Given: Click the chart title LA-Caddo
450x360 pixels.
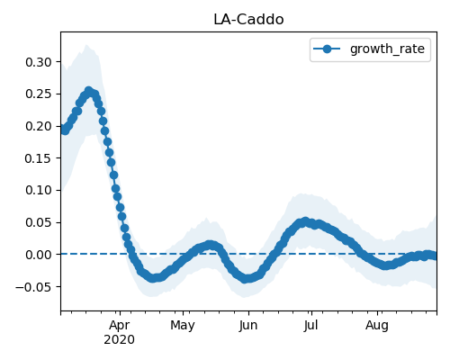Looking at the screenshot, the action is pos(248,20).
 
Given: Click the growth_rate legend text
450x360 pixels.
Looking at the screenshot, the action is pos(387,49).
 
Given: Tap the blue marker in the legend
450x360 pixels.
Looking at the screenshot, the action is pos(327,49).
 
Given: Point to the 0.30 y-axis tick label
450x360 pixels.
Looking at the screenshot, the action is pos(39,62).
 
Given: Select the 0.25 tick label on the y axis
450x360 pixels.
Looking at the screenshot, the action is pos(39,94).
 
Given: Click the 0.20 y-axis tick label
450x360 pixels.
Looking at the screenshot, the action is pos(39,126).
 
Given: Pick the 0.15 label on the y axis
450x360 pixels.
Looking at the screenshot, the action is pos(39,158).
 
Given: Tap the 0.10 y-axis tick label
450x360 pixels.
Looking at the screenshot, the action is pos(39,190).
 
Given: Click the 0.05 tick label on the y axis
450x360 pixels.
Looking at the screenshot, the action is pos(39,222).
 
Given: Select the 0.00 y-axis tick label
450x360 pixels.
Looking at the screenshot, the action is pos(39,255).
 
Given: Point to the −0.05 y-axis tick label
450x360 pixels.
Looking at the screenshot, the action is pos(34,287).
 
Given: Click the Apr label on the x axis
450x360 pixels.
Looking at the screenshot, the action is pos(120,326).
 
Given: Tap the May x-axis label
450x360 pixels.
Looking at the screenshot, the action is pos(183,326).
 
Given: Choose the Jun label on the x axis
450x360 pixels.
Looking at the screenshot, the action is pos(248,326).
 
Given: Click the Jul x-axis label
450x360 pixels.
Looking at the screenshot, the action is pos(310,326).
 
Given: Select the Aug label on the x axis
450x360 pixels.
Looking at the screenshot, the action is pos(377,326).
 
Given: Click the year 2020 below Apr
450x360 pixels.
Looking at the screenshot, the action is pos(120,340).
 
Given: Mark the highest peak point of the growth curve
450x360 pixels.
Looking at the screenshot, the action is pos(88,90).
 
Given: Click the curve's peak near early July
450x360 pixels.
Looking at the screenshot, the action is pos(305,221).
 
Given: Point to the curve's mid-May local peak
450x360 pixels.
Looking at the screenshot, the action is pos(210,245).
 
